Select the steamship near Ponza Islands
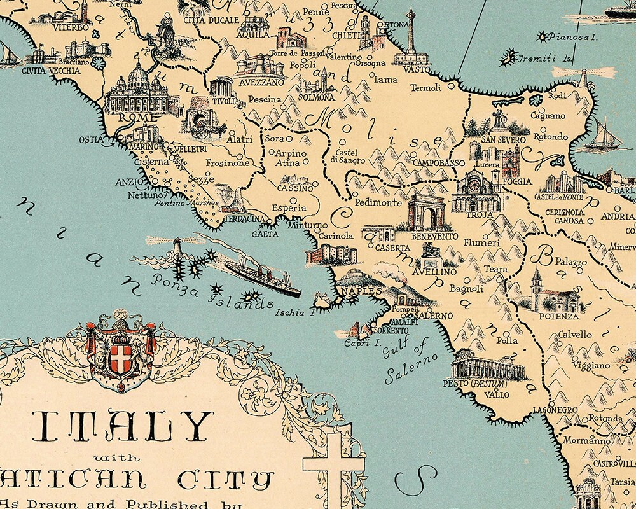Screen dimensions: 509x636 click(261, 275)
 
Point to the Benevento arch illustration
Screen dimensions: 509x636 click(426, 214)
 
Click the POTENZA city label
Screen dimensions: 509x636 click(559, 316)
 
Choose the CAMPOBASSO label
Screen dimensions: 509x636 click(439, 164)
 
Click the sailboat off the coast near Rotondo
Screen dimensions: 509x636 click(601, 135)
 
